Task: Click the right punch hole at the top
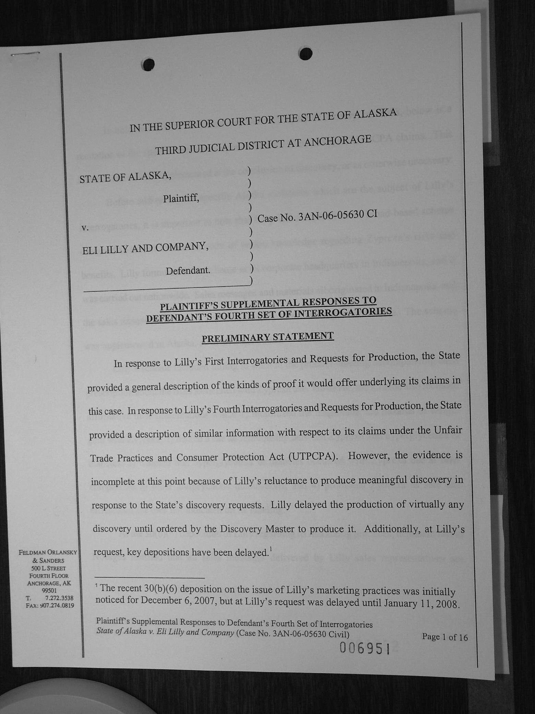pos(305,53)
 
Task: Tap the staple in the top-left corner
pos(25,54)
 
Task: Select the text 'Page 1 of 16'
pos(445,637)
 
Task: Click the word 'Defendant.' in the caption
pos(188,270)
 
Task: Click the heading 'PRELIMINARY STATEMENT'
pos(267,337)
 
